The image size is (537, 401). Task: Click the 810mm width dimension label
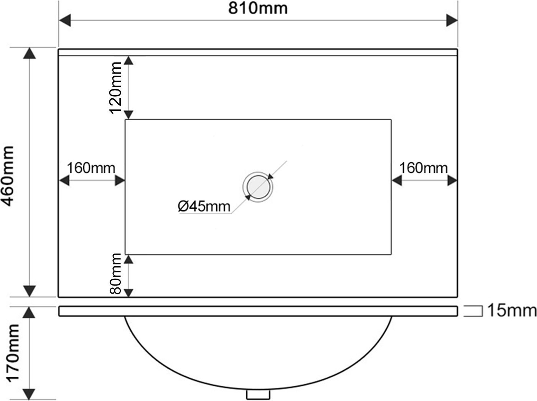click(258, 9)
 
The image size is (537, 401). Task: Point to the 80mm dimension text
click(115, 273)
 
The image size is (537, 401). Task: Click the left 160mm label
click(91, 168)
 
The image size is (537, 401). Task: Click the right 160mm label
click(423, 168)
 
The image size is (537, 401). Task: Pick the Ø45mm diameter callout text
click(204, 206)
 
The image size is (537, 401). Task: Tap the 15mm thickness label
click(512, 311)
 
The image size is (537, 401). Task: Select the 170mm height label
click(13, 353)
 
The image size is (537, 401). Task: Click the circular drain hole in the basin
click(258, 187)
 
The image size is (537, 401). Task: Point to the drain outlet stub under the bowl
click(258, 394)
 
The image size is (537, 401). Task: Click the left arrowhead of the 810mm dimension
click(65, 20)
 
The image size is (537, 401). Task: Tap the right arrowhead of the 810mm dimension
click(451, 20)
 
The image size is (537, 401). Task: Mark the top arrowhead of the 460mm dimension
click(30, 53)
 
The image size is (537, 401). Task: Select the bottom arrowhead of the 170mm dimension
click(30, 394)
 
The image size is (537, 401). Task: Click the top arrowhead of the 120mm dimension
click(128, 60)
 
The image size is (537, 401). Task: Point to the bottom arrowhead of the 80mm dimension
click(128, 293)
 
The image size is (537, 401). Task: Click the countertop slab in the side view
click(258, 311)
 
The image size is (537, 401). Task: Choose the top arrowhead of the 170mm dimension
click(30, 312)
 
